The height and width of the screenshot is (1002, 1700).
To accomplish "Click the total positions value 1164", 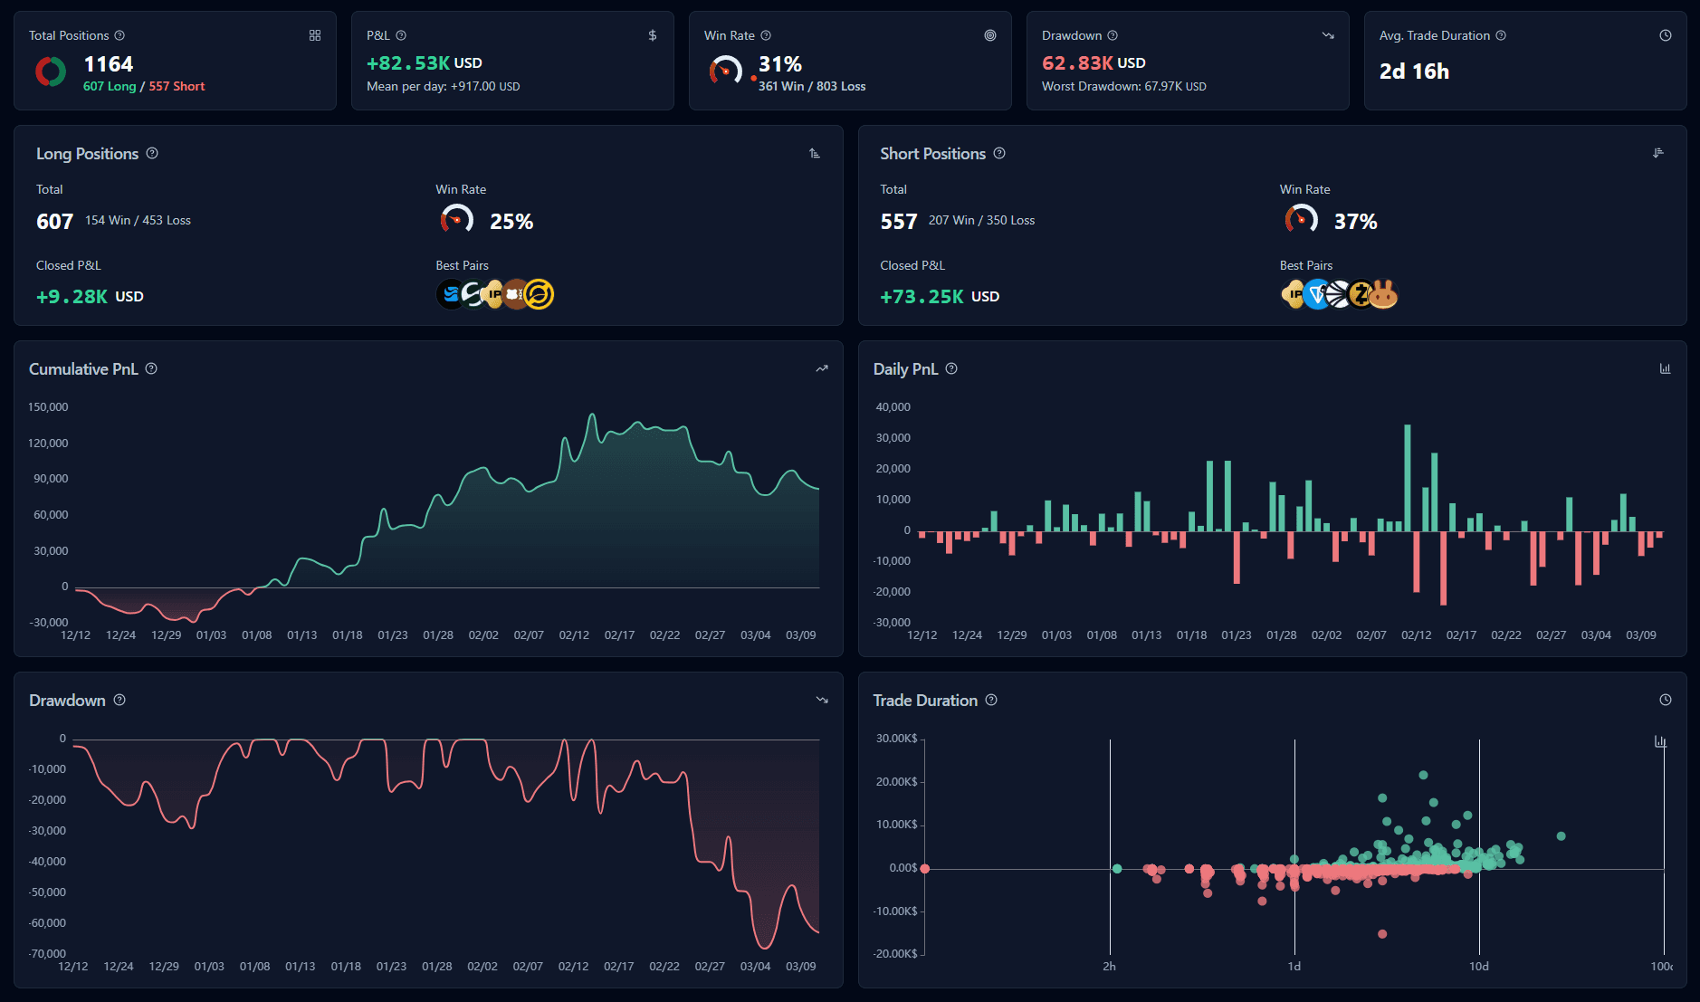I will tap(108, 64).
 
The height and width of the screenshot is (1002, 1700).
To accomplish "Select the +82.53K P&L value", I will tap(408, 63).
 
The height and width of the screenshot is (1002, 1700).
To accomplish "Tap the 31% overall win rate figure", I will tap(779, 64).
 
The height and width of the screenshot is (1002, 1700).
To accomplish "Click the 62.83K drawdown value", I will tap(1077, 63).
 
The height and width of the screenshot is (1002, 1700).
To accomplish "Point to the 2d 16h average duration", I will tap(1414, 72).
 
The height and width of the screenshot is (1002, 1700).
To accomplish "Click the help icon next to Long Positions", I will tap(152, 153).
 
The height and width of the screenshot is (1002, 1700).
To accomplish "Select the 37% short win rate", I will tap(1355, 222).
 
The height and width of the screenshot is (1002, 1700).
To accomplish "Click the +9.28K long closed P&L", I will tap(72, 297).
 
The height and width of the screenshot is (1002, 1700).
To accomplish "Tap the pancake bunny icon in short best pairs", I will tap(1383, 294).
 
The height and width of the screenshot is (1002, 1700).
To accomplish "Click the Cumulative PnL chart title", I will tap(83, 369).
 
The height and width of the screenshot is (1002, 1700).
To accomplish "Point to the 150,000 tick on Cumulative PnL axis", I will tap(48, 407).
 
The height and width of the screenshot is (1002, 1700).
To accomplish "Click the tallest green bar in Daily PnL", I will tap(1408, 478).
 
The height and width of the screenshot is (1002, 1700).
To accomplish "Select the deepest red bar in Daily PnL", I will tap(1443, 568).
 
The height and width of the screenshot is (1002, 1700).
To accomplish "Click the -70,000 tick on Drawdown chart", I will tap(47, 953).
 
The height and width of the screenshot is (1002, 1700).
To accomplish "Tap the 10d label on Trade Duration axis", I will tap(1478, 967).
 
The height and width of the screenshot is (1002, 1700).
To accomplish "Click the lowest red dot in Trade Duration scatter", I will tap(1382, 934).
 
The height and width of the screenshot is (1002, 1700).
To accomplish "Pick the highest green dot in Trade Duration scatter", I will tap(1423, 775).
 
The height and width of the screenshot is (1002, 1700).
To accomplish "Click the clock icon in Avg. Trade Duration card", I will tap(1665, 35).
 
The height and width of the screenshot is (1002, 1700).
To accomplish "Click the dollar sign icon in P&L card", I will tap(653, 35).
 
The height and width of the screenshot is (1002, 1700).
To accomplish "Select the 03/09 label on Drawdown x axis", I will tap(800, 967).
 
